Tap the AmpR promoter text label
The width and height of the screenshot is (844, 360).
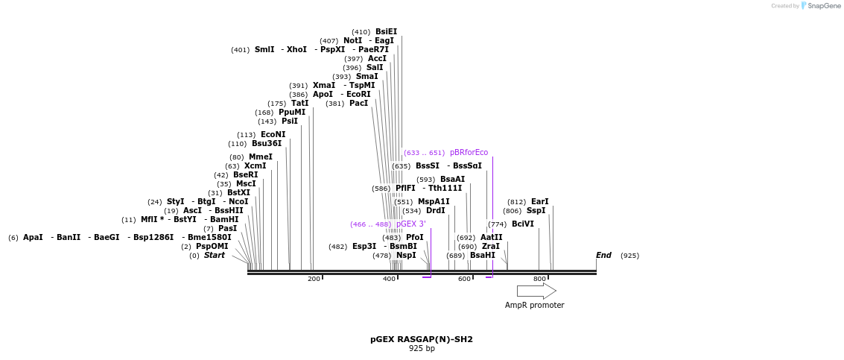(x=534, y=305)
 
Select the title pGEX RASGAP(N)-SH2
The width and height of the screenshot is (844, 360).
(x=421, y=339)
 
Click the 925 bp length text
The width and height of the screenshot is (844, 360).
(x=422, y=349)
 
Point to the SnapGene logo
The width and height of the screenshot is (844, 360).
(x=819, y=6)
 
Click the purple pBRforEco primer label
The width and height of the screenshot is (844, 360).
(x=469, y=153)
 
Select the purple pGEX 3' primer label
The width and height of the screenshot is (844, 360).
(x=410, y=224)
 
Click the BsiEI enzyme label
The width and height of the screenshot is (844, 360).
(x=386, y=32)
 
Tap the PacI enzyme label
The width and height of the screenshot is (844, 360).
(x=358, y=104)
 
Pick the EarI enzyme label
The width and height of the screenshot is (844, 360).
(x=539, y=202)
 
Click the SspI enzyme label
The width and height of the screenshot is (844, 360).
(x=536, y=211)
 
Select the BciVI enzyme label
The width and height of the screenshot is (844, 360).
(x=522, y=224)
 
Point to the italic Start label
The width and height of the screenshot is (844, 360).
(x=214, y=256)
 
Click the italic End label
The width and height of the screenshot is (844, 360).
(x=603, y=256)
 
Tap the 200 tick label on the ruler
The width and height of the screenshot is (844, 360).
(x=314, y=279)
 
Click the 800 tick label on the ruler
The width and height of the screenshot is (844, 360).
(x=539, y=279)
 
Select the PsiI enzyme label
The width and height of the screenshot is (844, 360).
(x=289, y=121)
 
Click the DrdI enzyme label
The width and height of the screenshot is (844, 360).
(x=435, y=211)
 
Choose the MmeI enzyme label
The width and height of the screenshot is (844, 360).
(x=260, y=157)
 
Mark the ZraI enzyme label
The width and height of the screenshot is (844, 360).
(x=489, y=247)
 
